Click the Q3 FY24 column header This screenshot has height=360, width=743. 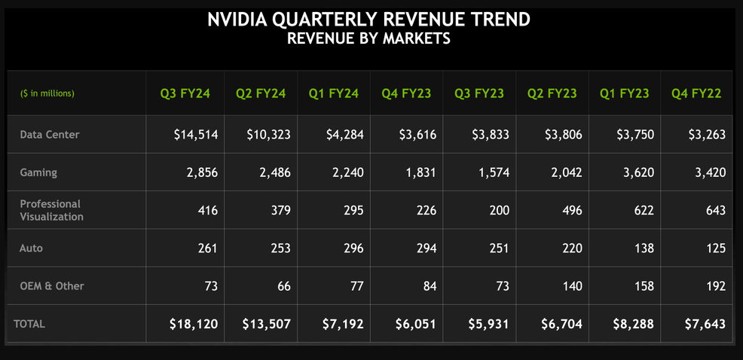(x=185, y=93)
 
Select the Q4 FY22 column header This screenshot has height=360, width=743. (x=696, y=93)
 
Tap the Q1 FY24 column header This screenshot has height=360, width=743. (x=334, y=93)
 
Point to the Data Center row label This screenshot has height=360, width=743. (x=50, y=135)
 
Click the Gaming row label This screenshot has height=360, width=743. (x=38, y=172)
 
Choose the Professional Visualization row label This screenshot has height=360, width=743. (x=52, y=210)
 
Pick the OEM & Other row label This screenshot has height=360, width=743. (x=52, y=286)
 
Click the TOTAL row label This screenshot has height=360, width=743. (x=29, y=324)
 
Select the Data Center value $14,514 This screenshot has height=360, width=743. (x=196, y=135)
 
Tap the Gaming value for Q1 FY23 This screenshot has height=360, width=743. (x=638, y=172)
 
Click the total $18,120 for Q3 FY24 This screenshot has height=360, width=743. (x=194, y=324)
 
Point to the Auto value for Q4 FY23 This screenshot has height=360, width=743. (x=425, y=249)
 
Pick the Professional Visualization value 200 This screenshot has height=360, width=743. (x=499, y=210)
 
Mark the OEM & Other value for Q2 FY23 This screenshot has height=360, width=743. (x=571, y=286)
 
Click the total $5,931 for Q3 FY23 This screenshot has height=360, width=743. (x=488, y=324)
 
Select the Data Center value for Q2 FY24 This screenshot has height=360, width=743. (x=269, y=135)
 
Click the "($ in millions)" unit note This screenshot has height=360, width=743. (x=47, y=93)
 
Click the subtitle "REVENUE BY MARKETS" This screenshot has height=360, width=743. (x=368, y=38)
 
